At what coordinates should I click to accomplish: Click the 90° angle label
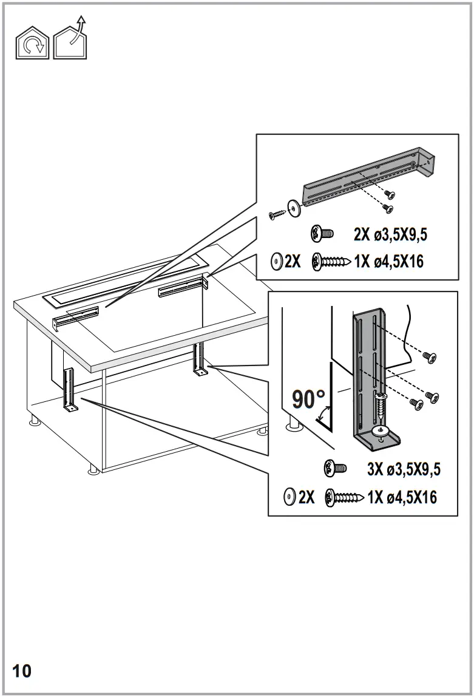point(309,399)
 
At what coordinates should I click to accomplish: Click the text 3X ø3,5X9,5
point(404,469)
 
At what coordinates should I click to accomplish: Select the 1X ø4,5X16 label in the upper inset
point(389,262)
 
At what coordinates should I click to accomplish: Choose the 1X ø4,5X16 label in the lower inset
point(402,498)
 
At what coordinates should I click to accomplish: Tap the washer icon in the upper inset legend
point(277,262)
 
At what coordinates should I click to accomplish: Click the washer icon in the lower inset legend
point(289,498)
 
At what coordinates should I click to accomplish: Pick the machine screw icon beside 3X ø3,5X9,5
point(336,469)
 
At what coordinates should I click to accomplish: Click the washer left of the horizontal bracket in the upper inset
point(296,208)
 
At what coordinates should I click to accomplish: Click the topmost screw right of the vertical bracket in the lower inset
point(430,358)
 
